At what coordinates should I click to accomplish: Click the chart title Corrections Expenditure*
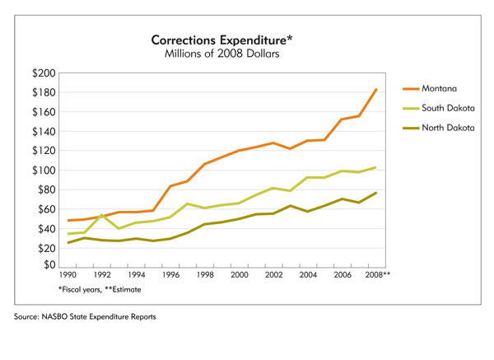click(220, 40)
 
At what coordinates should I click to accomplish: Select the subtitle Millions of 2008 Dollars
click(220, 54)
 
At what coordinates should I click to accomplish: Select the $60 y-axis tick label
click(45, 208)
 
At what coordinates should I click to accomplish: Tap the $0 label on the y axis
click(49, 265)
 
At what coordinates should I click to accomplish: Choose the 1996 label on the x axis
click(170, 275)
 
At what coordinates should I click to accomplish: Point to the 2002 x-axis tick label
click(273, 275)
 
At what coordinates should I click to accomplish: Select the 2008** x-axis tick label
click(379, 275)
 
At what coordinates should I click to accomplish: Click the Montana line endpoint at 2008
click(376, 89)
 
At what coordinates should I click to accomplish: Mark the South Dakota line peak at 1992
click(102, 215)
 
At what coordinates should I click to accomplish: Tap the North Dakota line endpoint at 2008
click(376, 193)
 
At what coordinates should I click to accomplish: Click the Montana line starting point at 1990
click(68, 221)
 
